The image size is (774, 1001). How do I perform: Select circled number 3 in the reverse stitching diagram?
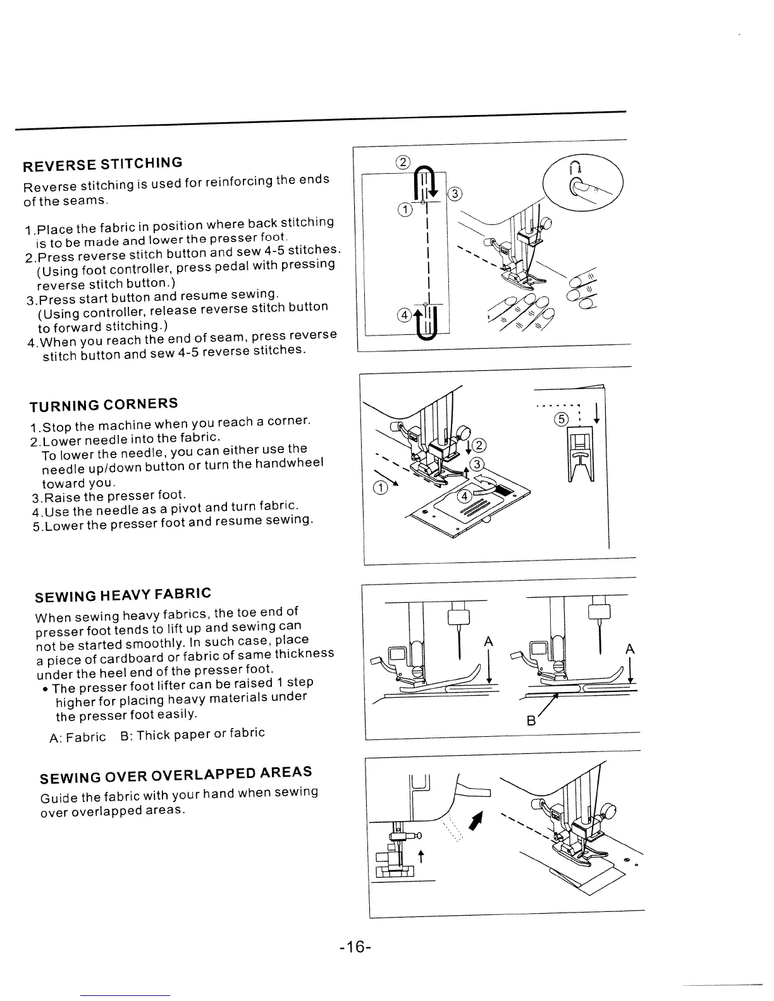tap(454, 194)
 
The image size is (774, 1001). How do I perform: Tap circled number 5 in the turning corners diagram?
tap(560, 419)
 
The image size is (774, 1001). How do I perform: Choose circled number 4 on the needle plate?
tap(465, 496)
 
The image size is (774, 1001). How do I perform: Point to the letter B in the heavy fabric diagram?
tap(531, 720)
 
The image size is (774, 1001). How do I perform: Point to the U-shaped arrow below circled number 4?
tap(430, 326)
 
